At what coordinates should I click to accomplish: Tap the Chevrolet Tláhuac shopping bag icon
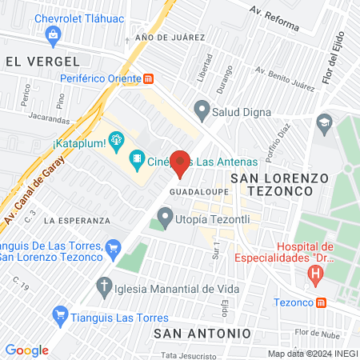pyautogui.click(x=53, y=34)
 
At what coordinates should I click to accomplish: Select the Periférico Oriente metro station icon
pyautogui.click(x=149, y=78)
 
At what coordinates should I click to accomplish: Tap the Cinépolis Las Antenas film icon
pyautogui.click(x=138, y=160)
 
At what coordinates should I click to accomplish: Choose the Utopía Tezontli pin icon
pyautogui.click(x=165, y=216)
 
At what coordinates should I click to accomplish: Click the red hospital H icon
pyautogui.click(x=316, y=274)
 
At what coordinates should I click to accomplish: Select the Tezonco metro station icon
pyautogui.click(x=321, y=303)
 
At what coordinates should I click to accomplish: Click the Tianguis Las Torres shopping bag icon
pyautogui.click(x=58, y=314)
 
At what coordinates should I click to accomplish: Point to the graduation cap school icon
pyautogui.click(x=323, y=122)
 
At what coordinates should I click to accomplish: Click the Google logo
pyautogui.click(x=27, y=350)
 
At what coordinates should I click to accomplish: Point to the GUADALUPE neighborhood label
pyautogui.click(x=190, y=192)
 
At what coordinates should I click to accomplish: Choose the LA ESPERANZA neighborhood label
pyautogui.click(x=78, y=219)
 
